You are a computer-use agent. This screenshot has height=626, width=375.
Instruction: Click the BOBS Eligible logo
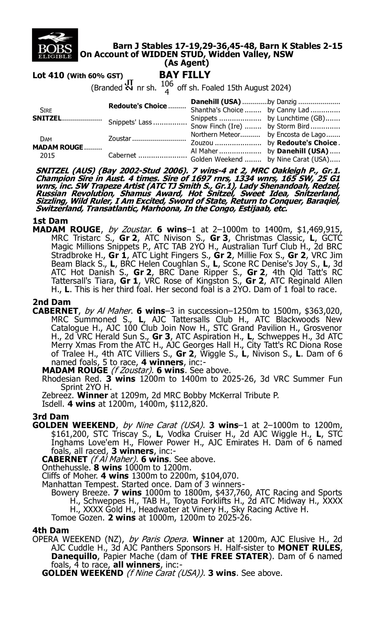(x=55, y=45)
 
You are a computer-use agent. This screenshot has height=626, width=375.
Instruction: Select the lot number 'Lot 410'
(x=48, y=75)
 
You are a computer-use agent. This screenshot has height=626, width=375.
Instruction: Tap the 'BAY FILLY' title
(x=185, y=75)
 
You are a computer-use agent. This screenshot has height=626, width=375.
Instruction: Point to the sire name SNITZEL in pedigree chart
(x=47, y=118)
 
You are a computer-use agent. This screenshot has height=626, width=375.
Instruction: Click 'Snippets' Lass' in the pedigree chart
(x=130, y=122)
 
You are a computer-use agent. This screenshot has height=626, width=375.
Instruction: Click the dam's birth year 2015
(x=47, y=155)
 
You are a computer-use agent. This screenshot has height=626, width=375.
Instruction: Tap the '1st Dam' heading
(x=50, y=221)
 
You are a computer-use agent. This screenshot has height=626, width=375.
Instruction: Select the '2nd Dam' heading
(x=51, y=302)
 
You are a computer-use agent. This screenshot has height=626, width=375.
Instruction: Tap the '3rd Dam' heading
(x=51, y=416)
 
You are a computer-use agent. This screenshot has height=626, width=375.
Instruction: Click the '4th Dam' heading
(x=51, y=530)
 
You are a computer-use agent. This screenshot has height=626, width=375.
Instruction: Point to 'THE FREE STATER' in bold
(x=229, y=556)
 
